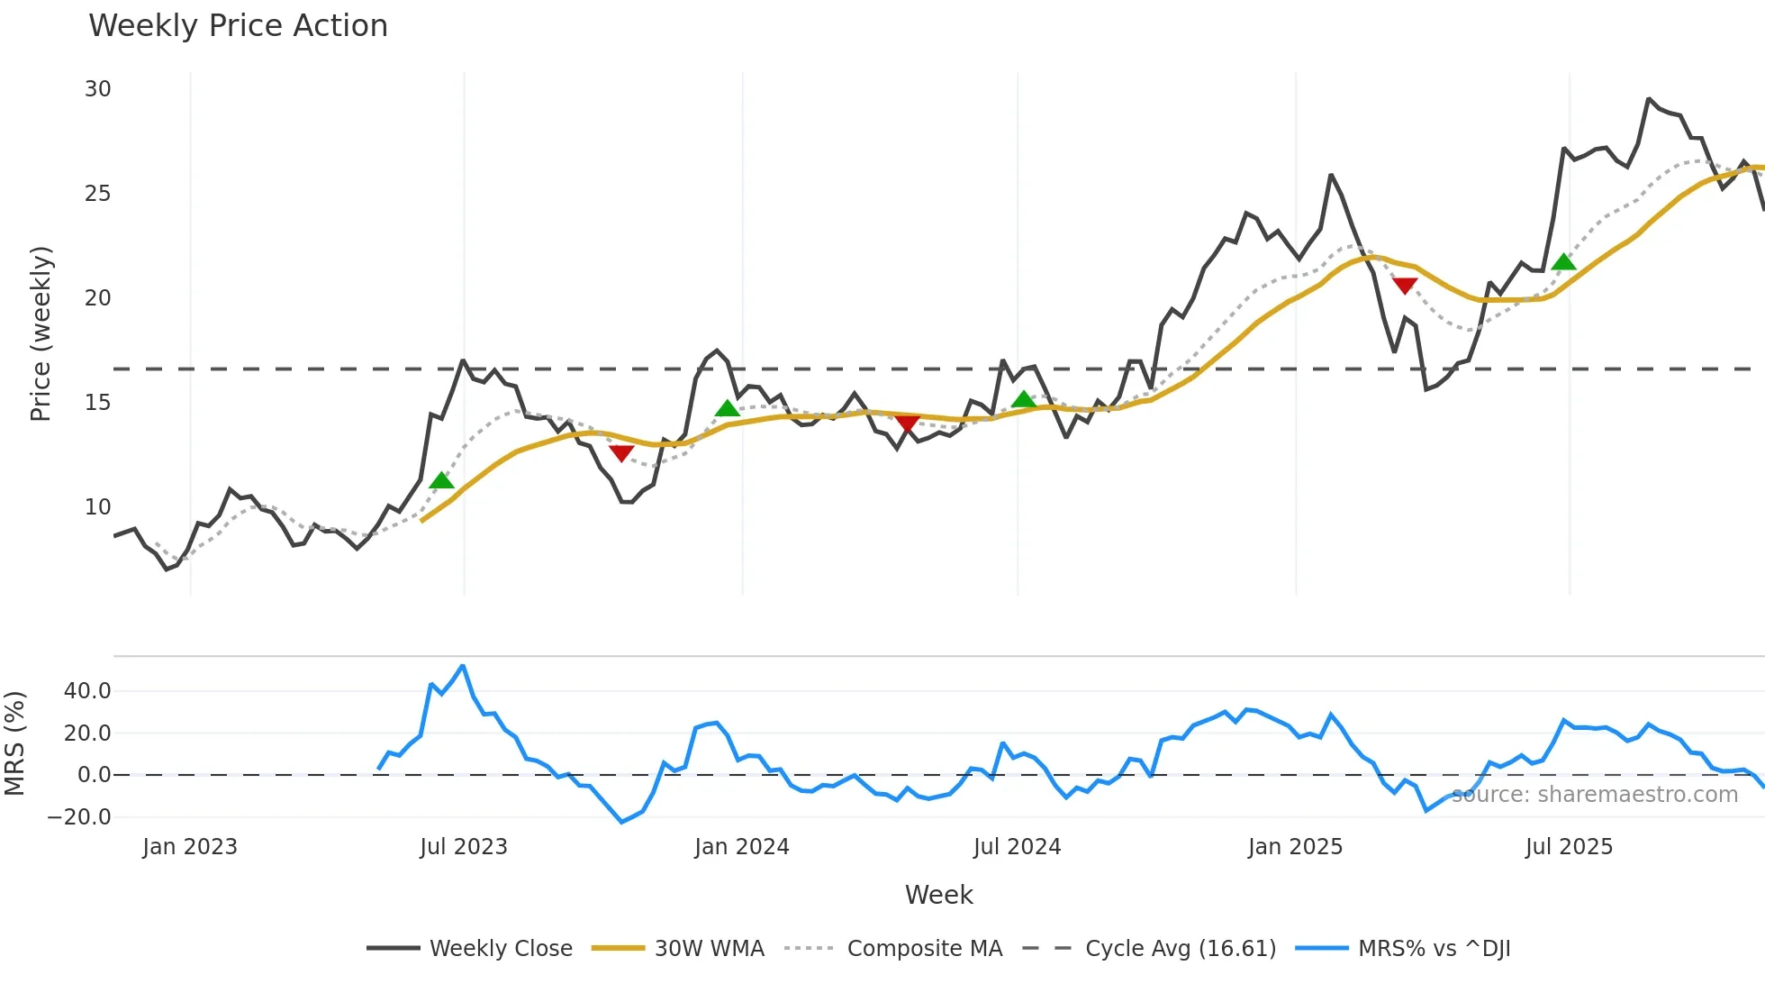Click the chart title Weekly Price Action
point(238,26)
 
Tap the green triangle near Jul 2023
point(441,480)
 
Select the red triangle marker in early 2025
point(1405,286)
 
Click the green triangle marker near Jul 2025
point(1564,262)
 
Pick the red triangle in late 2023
point(621,452)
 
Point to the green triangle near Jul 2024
point(1023,399)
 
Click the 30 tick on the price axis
point(98,89)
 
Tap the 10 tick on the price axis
point(98,507)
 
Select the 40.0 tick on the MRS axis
point(87,691)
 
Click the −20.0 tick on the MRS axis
point(79,817)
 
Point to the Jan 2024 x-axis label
point(742,847)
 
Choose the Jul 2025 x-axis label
point(1569,847)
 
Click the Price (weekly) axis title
point(41,333)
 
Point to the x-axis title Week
point(938,895)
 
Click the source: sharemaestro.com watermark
point(1594,795)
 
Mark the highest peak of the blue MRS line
point(463,666)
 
